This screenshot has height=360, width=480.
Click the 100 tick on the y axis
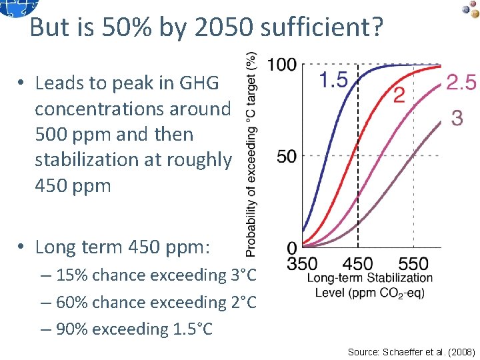click(x=281, y=65)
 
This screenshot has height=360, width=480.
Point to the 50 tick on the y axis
click(x=288, y=156)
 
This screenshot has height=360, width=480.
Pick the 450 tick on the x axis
click(x=359, y=263)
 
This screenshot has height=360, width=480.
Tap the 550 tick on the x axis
click(x=415, y=263)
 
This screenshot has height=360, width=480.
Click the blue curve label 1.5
click(x=333, y=81)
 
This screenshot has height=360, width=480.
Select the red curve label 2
click(x=399, y=96)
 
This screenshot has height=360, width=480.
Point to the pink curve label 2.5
click(x=461, y=83)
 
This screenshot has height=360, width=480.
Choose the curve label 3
click(x=457, y=118)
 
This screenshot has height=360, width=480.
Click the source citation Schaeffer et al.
click(x=409, y=351)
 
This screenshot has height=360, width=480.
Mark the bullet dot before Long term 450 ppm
click(x=22, y=247)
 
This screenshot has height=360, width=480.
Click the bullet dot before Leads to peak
click(x=22, y=83)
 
